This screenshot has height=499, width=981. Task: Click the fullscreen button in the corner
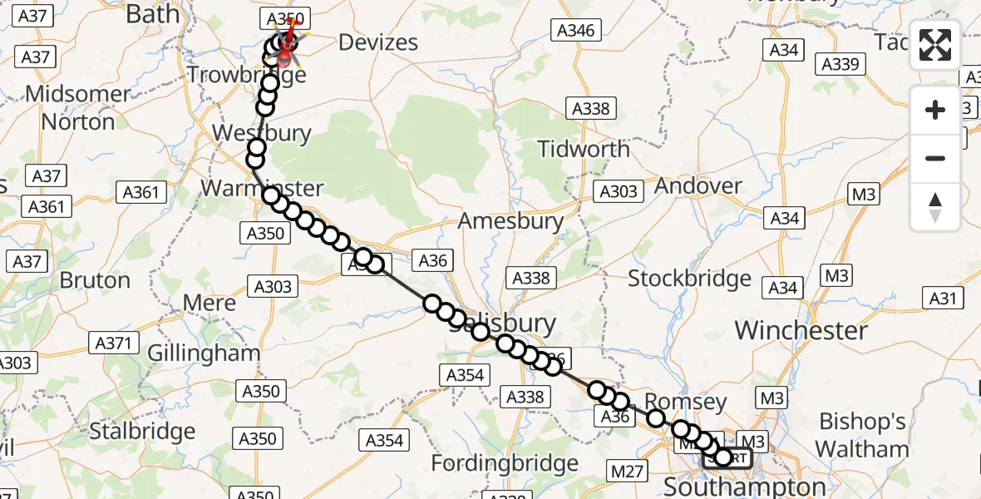click(x=935, y=45)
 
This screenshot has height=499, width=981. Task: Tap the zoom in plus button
click(x=935, y=111)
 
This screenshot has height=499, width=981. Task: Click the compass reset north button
click(x=935, y=207)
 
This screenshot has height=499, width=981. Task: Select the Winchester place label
click(x=801, y=330)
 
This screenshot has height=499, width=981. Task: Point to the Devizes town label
click(x=378, y=42)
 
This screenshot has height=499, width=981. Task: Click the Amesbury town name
click(x=510, y=221)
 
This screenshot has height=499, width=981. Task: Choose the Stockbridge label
click(x=689, y=278)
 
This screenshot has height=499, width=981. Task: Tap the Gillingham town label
click(x=204, y=353)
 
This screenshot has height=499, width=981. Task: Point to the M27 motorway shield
click(x=627, y=472)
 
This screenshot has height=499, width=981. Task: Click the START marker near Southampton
click(x=728, y=457)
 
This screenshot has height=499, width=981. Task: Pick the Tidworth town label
click(x=584, y=150)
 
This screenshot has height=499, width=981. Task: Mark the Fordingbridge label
click(x=505, y=462)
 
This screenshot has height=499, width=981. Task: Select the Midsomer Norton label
click(x=78, y=108)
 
